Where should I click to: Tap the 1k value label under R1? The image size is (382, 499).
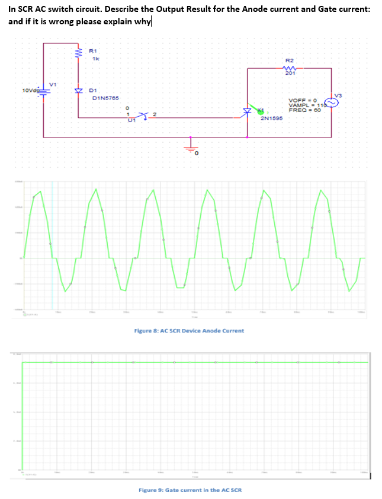(95, 59)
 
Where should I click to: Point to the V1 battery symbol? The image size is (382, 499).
(43, 91)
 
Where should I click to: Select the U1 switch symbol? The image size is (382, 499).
(142, 114)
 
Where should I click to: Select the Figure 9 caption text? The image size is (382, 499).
(190, 490)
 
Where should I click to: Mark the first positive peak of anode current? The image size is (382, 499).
(40, 191)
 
